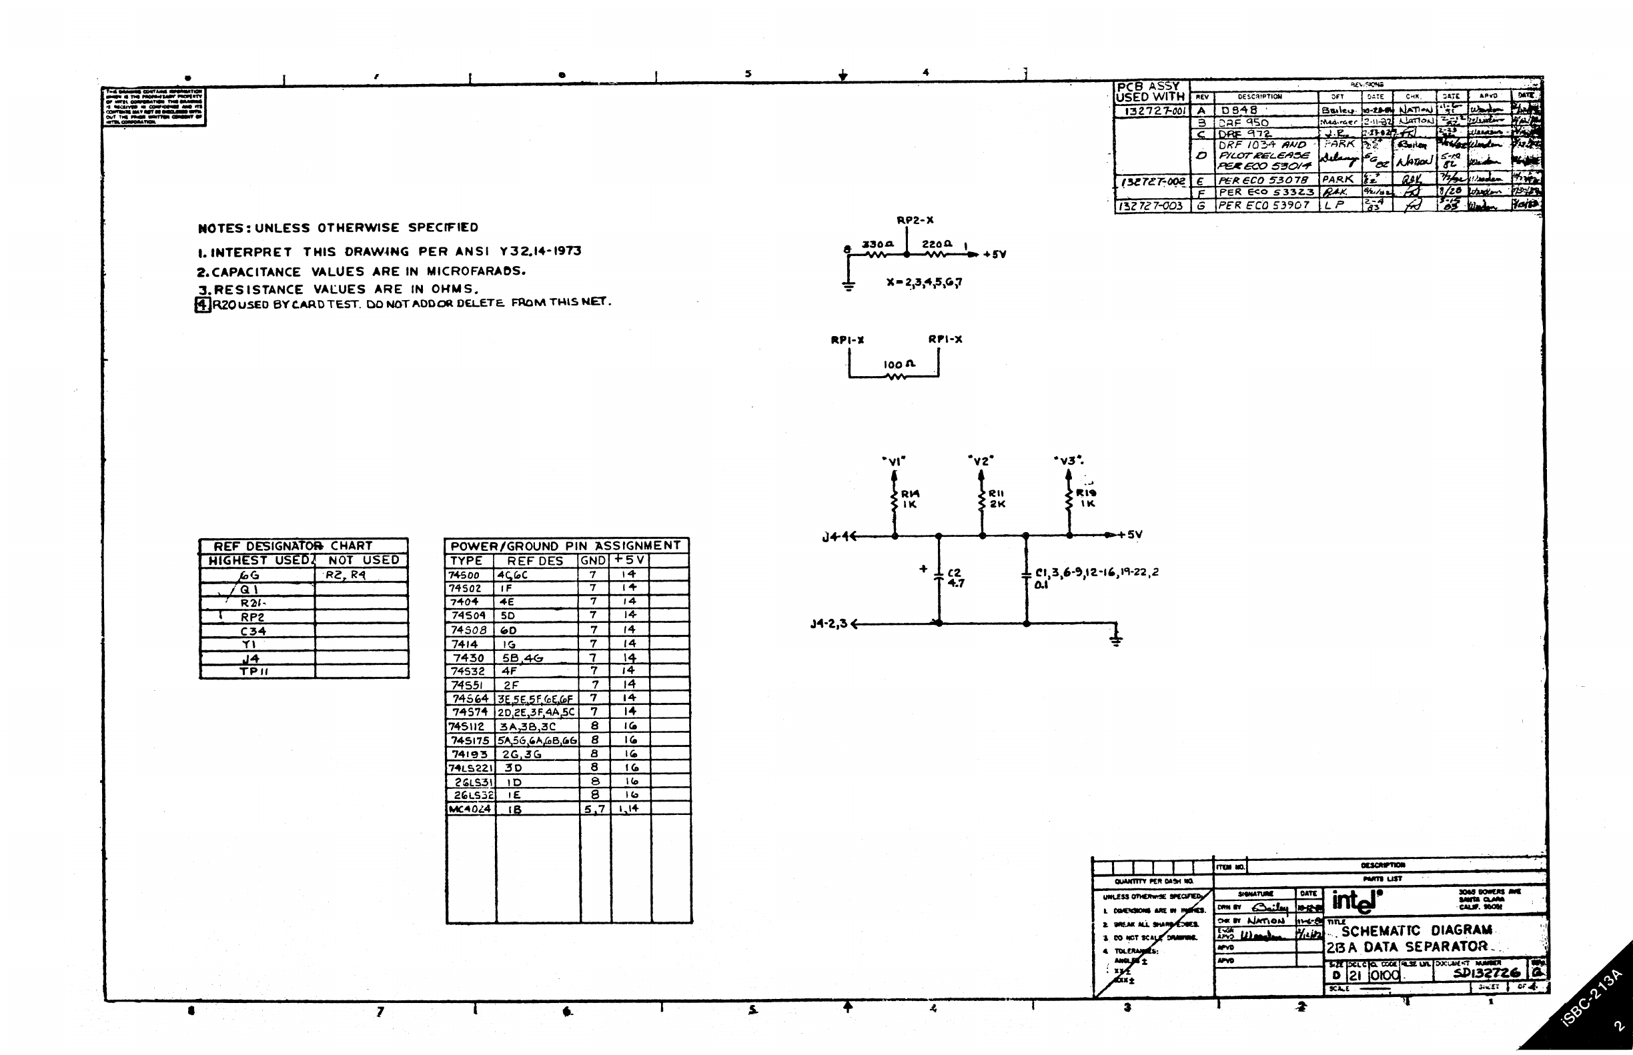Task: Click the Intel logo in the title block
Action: click(1354, 901)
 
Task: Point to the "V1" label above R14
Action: click(894, 461)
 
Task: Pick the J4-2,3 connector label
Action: click(829, 624)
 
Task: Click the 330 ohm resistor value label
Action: click(878, 244)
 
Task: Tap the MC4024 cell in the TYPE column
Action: click(470, 809)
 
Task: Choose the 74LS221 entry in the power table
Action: click(470, 768)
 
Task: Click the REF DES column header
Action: click(535, 561)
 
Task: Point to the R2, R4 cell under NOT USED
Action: click(346, 575)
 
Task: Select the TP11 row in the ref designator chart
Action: click(253, 672)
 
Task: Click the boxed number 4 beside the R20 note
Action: click(203, 304)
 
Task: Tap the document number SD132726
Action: click(1486, 973)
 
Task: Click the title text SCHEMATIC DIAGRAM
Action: click(1416, 930)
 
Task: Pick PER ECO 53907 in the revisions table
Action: click(1263, 205)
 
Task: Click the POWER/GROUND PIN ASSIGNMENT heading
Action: click(566, 546)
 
